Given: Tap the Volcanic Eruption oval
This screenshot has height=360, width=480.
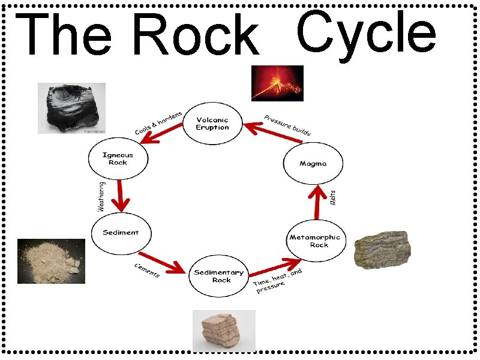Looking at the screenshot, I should (x=212, y=124).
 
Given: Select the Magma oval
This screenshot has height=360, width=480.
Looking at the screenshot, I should (x=313, y=163).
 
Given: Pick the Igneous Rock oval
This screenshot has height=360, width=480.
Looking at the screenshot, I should (x=118, y=158).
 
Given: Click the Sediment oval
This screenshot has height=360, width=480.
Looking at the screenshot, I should (x=121, y=233).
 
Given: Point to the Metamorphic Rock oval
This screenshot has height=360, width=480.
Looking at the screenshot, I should (x=315, y=241).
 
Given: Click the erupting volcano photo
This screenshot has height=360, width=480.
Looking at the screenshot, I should (x=277, y=83).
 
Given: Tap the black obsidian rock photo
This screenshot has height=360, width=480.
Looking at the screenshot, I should (x=71, y=108).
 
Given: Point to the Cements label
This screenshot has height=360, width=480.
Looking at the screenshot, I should (x=146, y=271).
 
